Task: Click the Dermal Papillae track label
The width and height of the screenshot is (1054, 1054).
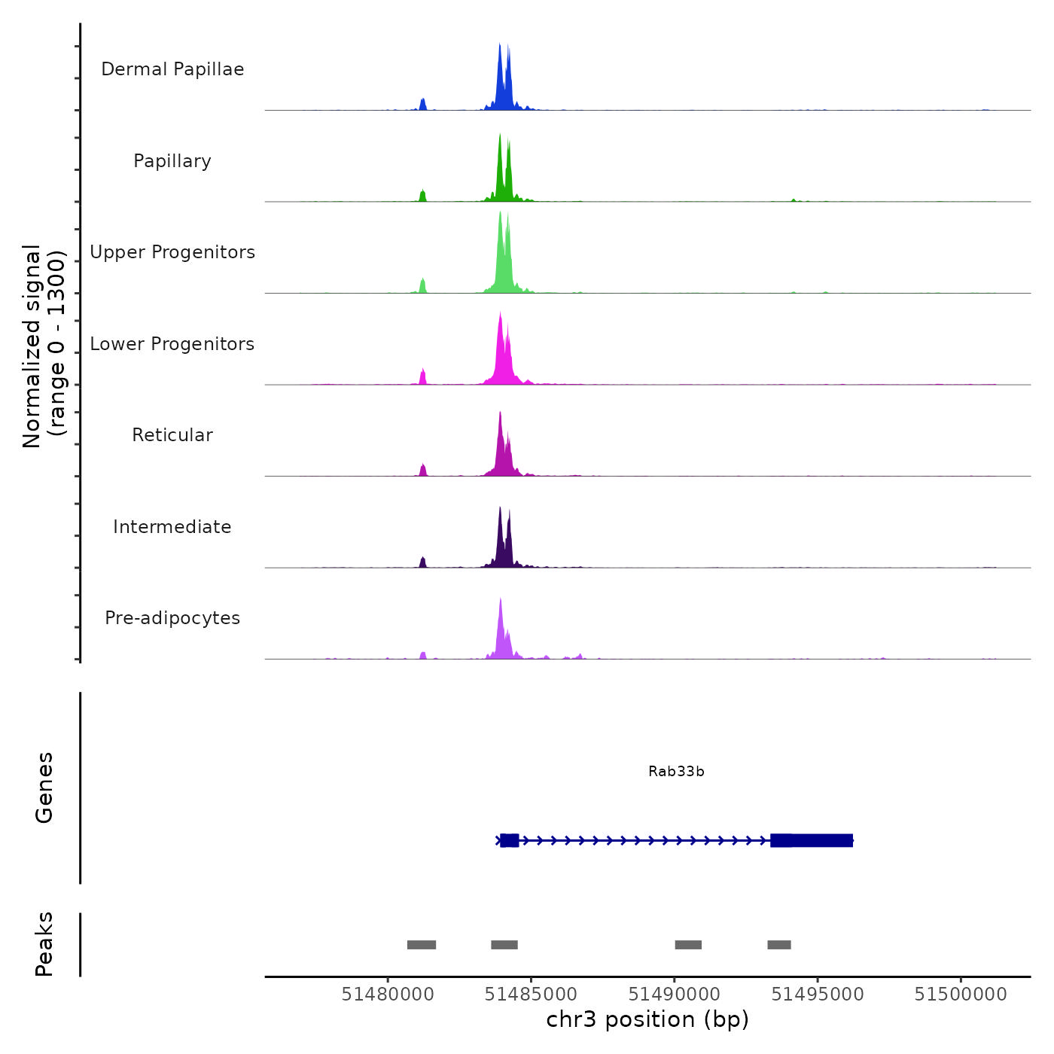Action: (x=172, y=69)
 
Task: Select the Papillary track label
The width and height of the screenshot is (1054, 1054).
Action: (x=172, y=161)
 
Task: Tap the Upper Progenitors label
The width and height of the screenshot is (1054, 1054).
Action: (x=172, y=252)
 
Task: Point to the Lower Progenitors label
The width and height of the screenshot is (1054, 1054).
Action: (x=172, y=344)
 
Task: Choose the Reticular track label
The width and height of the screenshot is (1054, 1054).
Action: (x=172, y=435)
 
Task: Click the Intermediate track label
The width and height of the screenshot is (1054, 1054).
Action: (x=172, y=527)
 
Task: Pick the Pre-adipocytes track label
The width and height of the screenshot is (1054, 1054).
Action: (x=172, y=618)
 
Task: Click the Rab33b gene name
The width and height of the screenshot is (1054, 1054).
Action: (x=676, y=772)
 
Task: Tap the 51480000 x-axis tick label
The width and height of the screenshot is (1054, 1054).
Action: (x=388, y=995)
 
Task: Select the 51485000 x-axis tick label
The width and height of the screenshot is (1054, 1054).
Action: (x=531, y=995)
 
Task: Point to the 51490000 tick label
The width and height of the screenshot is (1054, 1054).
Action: (x=675, y=995)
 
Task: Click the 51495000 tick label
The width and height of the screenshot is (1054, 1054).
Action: (x=818, y=995)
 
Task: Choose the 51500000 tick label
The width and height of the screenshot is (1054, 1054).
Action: (x=961, y=995)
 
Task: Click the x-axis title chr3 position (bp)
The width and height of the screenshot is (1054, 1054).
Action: (x=647, y=1019)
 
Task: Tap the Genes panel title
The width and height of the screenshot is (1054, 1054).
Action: (x=44, y=787)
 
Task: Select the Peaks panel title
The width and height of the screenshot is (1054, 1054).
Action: (x=44, y=944)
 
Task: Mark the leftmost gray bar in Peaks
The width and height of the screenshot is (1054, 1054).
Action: (x=422, y=945)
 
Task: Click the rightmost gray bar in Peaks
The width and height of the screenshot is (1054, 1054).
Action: (x=779, y=945)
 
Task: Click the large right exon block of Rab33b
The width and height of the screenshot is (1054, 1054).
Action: (x=813, y=840)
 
